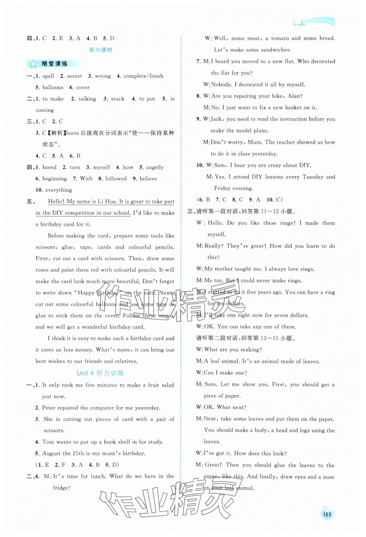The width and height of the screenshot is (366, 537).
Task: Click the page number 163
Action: point(327,514)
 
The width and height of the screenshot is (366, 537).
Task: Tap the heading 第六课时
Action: point(100,50)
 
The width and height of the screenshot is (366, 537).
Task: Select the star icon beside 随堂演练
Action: point(33,64)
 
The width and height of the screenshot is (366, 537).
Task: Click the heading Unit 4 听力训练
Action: point(100,373)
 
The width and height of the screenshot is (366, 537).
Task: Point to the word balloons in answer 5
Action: point(53,87)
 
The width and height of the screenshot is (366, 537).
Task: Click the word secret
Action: point(74,76)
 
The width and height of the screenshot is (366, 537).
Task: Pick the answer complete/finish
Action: point(143,76)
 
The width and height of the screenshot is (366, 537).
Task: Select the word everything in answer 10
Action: point(59,190)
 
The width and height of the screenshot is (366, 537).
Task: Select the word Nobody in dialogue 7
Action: point(220,85)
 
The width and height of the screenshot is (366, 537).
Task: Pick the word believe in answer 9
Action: point(148,179)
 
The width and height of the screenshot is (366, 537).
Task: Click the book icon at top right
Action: point(299,22)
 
